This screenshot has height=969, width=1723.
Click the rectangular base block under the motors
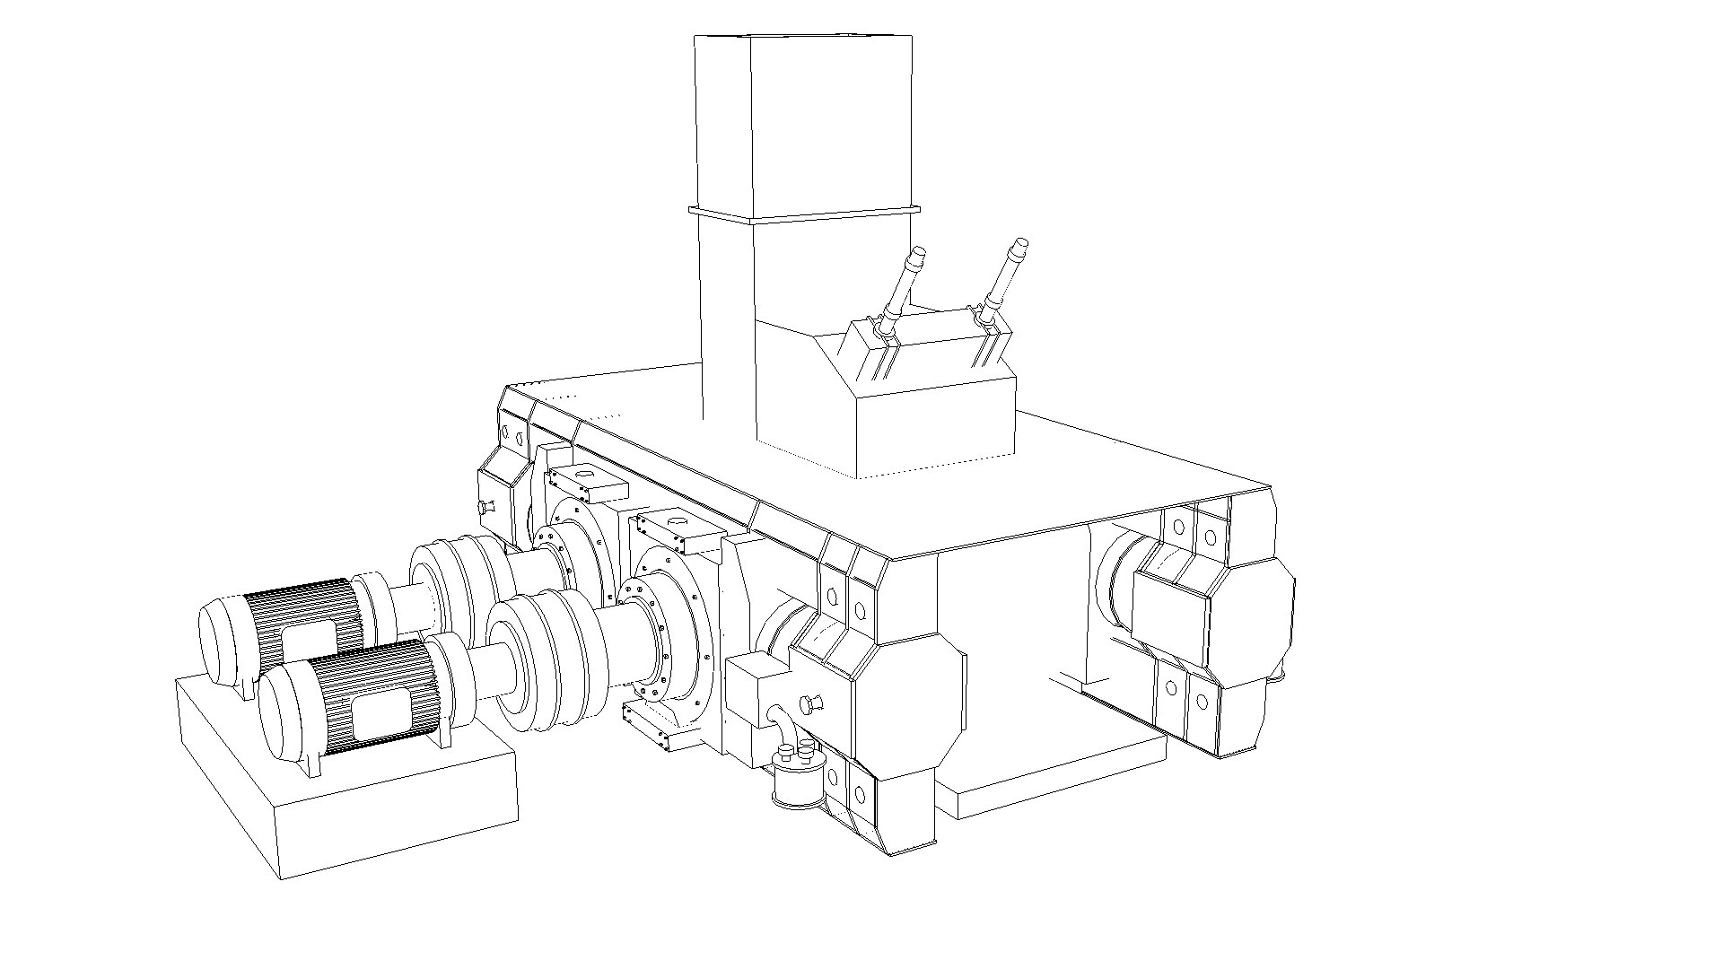[359, 807]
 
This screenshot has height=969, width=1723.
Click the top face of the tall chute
[803, 37]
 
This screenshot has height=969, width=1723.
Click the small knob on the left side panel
[486, 507]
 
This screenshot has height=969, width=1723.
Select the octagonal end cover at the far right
[1252, 619]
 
